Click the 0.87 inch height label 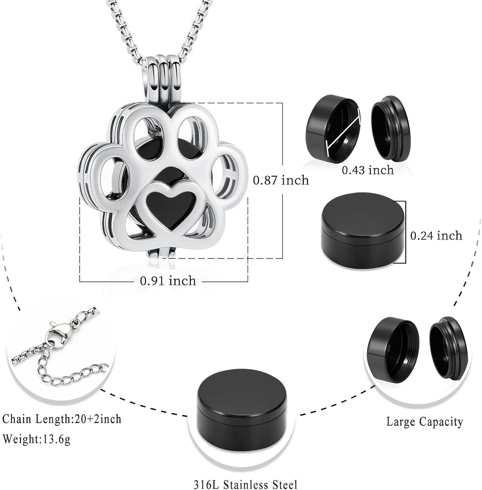[281, 180]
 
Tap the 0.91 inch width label [168, 281]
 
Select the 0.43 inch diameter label [368, 170]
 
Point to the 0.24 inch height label [436, 235]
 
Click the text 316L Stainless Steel [246, 483]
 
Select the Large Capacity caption [425, 422]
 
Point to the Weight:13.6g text [37, 439]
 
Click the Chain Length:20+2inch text [62, 419]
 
